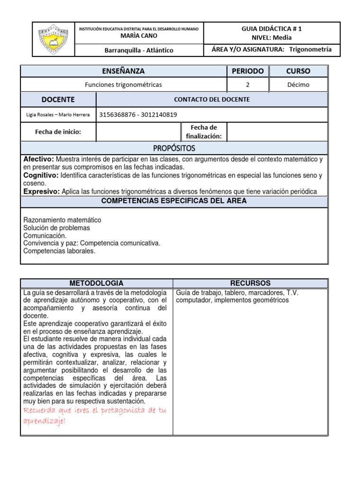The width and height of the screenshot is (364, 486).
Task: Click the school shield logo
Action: tap(54, 39)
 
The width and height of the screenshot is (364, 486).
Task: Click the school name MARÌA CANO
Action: tap(139, 36)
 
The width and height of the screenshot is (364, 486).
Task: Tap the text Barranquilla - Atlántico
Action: tap(139, 50)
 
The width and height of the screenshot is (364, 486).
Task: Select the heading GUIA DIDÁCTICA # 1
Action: tap(272, 28)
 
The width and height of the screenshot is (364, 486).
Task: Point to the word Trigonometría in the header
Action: tap(310, 49)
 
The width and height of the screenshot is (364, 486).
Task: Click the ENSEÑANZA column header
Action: tap(123, 71)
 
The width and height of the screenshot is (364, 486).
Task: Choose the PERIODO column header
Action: tap(247, 71)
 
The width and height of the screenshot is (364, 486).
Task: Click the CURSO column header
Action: tap(298, 71)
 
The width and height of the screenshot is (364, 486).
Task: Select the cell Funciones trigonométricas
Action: tap(123, 84)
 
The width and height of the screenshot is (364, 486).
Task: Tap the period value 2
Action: tap(247, 84)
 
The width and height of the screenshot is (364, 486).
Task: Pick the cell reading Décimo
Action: tap(298, 84)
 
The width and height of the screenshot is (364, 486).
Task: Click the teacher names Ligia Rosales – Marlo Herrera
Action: tap(58, 114)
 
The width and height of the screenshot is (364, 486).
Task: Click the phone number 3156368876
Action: tap(118, 114)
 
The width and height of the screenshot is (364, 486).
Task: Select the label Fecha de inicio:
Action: tap(58, 132)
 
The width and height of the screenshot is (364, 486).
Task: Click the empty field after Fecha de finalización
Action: tap(277, 132)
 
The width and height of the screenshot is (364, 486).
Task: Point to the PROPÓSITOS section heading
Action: tap(174, 149)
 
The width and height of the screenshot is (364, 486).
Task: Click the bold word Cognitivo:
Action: tap(41, 176)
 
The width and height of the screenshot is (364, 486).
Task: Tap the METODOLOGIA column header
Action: tap(96, 283)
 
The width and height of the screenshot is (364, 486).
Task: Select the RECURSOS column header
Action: tap(250, 283)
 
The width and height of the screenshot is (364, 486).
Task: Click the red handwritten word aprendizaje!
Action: tap(45, 421)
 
